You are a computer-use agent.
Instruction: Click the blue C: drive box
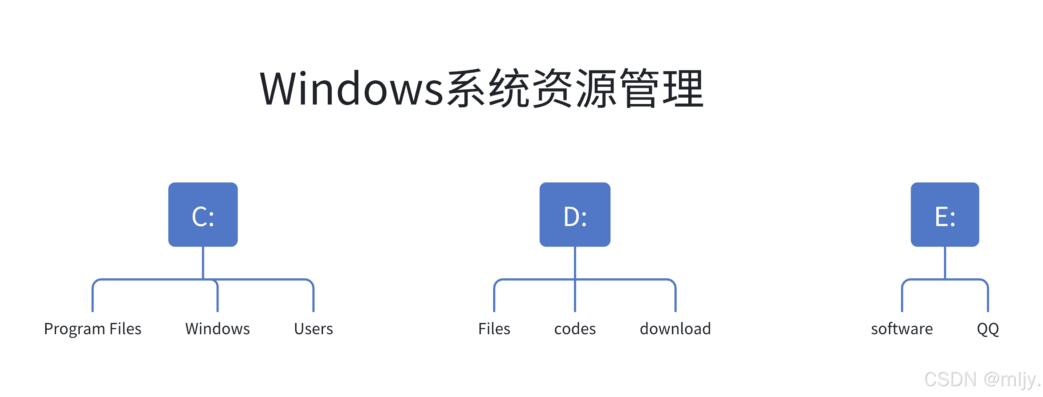203,215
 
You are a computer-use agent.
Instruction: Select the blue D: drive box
575,215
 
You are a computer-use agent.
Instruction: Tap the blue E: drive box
945,215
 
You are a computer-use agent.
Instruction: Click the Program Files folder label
93,329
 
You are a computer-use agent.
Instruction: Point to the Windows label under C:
217,329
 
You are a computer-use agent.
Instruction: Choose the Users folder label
314,329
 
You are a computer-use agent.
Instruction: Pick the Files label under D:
494,329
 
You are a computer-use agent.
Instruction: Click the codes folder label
575,329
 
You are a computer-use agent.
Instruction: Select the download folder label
675,329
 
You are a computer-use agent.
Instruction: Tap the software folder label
902,329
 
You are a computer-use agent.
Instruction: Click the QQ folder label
988,329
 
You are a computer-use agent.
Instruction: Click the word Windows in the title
351,88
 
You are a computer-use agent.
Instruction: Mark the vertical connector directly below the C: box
203,263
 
